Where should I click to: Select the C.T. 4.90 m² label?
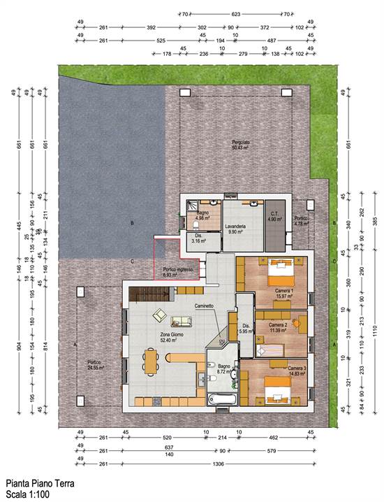click(x=274, y=216)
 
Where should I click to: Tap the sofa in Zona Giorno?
click(x=182, y=322)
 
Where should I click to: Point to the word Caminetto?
click(x=204, y=306)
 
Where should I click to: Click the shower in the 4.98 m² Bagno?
click(x=192, y=207)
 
